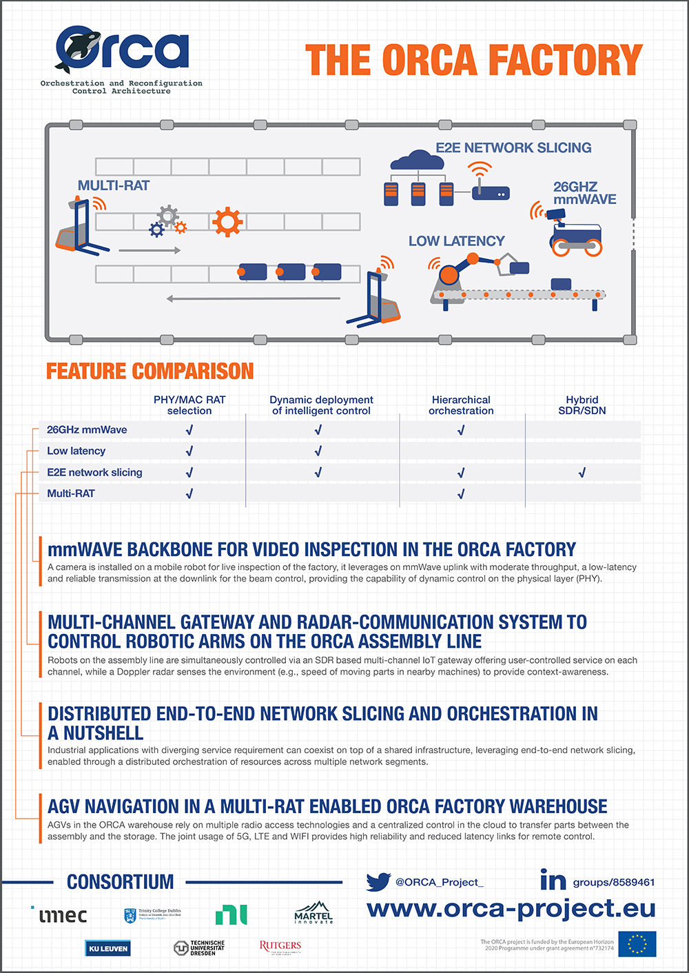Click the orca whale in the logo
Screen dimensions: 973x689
pos(77,50)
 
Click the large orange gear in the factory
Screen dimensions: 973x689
pos(227,222)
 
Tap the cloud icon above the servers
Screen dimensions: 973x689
pos(417,161)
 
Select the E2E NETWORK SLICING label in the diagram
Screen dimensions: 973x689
pos(513,147)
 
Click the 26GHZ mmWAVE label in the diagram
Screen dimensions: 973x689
pos(584,193)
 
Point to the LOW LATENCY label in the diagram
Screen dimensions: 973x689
pos(456,241)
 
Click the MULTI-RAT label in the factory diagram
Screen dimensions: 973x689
pos(113,185)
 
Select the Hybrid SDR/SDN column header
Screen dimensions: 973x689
pos(582,405)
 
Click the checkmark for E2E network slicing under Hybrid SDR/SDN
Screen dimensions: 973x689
pos(582,473)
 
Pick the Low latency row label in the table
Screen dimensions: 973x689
pos(76,451)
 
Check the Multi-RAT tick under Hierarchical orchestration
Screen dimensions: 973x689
pos(461,494)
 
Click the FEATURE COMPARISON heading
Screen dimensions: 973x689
pos(150,371)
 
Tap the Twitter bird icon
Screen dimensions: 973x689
pos(378,881)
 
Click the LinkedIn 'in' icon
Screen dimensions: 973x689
pos(553,880)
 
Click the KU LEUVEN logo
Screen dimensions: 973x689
pos(107,948)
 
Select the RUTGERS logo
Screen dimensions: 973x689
pos(280,946)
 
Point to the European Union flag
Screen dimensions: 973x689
pos(637,944)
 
